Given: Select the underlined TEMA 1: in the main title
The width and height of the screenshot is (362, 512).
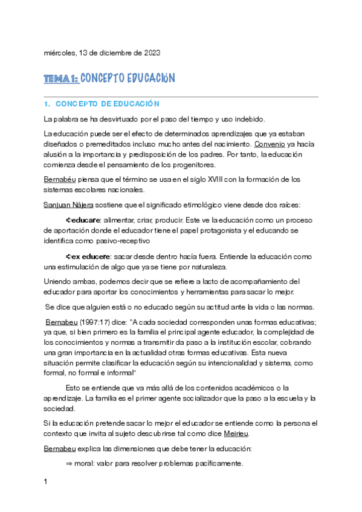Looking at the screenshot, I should pyautogui.click(x=60, y=78).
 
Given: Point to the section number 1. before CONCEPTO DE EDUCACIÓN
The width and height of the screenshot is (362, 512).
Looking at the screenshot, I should pyautogui.click(x=47, y=104).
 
